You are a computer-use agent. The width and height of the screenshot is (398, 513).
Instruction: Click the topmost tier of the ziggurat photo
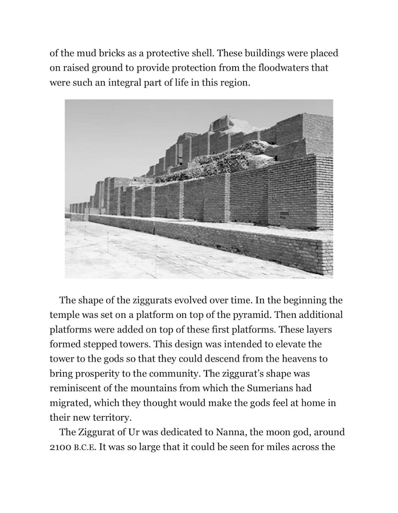224,122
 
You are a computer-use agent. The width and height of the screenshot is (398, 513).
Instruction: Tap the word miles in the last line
275,447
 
